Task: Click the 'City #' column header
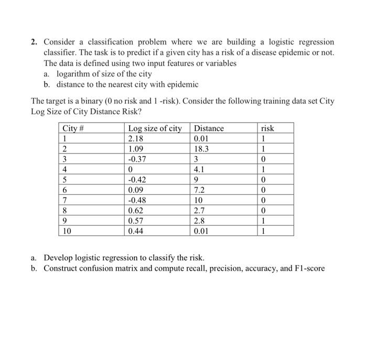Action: (73, 128)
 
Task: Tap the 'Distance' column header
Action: (208, 128)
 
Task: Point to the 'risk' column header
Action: (267, 128)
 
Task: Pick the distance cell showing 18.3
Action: (201, 149)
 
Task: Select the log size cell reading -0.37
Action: (137, 159)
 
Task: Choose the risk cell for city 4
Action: (267, 169)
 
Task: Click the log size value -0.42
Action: (137, 180)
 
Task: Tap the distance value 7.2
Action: (199, 190)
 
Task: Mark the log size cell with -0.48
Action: (137, 200)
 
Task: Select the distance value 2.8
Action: (199, 220)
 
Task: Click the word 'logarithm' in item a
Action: (74, 74)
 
